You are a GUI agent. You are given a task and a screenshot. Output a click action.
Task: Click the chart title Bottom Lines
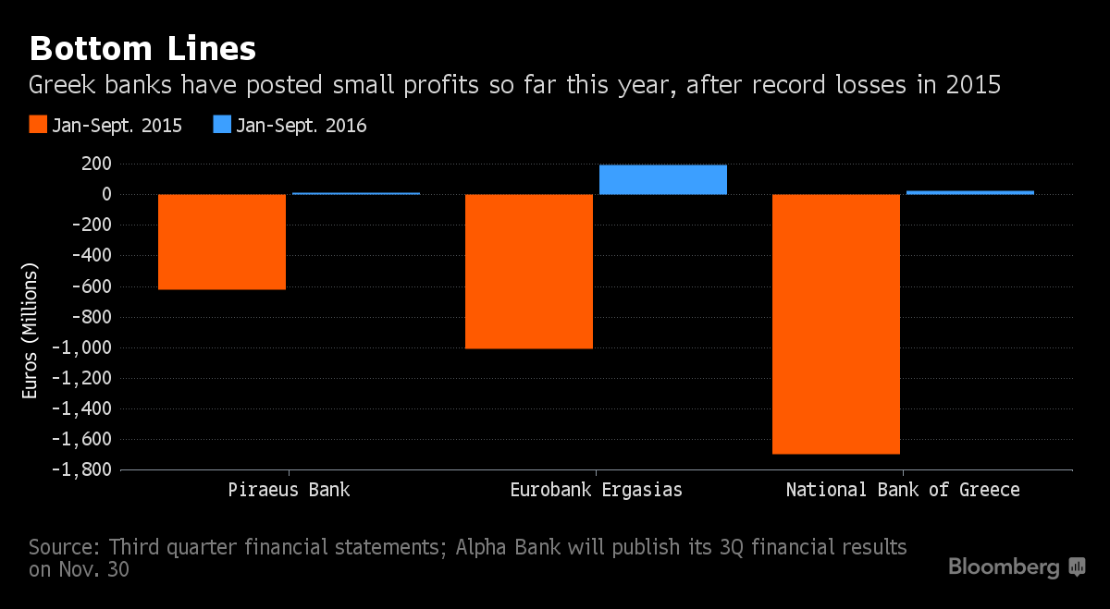[x=142, y=49]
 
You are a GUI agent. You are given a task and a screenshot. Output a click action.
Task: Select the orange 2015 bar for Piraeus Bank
[x=222, y=241]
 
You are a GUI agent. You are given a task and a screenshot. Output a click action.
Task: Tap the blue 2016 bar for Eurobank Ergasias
[x=663, y=179]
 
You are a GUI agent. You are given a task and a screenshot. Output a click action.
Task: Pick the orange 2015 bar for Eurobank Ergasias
[x=529, y=272]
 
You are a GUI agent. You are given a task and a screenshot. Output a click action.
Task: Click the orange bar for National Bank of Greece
[x=836, y=323]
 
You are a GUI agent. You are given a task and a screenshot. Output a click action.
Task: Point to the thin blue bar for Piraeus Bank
[x=356, y=193]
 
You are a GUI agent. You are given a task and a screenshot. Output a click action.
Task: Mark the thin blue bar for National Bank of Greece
[x=969, y=192]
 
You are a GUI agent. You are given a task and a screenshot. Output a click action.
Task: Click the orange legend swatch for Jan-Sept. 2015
[x=38, y=124]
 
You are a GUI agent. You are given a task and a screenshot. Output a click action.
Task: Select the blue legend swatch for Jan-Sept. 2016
[x=222, y=124]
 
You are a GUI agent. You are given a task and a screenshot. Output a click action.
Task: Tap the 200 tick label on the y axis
[x=96, y=164]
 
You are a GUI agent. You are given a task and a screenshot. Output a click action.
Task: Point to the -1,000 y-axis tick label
[x=81, y=347]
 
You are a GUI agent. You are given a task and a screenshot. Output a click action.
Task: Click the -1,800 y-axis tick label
[x=81, y=469]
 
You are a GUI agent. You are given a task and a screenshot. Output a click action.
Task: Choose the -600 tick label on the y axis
[x=92, y=286]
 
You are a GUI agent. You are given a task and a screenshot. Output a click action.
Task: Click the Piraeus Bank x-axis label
[x=289, y=490]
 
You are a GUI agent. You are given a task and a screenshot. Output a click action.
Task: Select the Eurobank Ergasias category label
[x=596, y=490]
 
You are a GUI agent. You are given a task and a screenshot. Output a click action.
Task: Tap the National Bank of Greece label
[x=903, y=490]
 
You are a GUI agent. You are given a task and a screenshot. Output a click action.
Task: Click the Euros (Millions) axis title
[x=30, y=331]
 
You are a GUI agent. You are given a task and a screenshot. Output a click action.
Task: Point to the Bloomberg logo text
[x=1004, y=566]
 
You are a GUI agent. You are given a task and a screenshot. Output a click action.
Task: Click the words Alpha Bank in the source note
[x=508, y=547]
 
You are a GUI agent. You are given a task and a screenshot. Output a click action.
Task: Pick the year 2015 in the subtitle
[x=973, y=85]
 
